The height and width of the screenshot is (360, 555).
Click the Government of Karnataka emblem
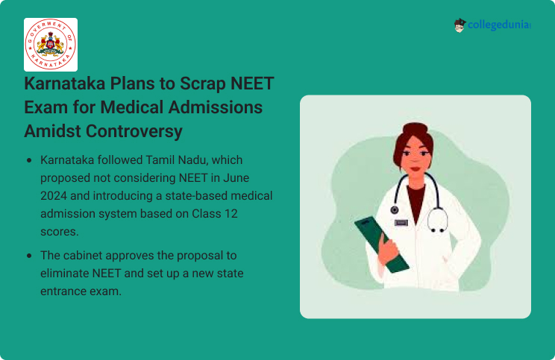[x=51, y=45]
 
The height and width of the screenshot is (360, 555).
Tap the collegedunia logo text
[x=499, y=25]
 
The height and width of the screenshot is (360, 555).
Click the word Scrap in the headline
[x=203, y=83]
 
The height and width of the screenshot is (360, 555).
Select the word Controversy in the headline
[x=134, y=131]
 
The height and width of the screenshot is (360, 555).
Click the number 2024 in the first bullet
[x=54, y=195]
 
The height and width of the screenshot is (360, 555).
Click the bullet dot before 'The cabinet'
[x=29, y=256]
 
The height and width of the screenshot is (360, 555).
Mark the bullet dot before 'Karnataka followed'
[x=29, y=160]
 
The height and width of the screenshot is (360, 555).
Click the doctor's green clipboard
[x=382, y=244]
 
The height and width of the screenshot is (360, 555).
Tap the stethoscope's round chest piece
[x=395, y=210]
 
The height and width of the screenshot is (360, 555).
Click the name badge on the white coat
[x=401, y=223]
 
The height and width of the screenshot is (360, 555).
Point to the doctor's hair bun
[x=415, y=127]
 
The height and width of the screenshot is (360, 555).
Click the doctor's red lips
[x=415, y=168]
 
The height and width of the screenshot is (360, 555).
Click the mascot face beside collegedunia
[x=460, y=25]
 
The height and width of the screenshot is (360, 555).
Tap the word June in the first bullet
[x=236, y=177]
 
